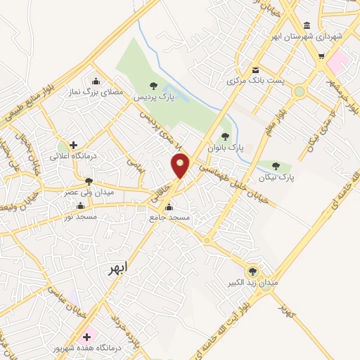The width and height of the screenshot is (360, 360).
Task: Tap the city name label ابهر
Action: pos(119,269)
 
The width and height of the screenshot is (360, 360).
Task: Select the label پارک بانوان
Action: pos(225,149)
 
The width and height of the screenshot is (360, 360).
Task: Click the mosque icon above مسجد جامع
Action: pos(169,207)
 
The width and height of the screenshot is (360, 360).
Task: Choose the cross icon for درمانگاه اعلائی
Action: pos(73,144)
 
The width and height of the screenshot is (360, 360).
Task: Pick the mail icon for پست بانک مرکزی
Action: pos(255,70)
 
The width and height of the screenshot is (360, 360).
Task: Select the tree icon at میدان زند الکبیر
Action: pos(252,271)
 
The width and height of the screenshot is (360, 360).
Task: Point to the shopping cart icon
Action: pos(321,57)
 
